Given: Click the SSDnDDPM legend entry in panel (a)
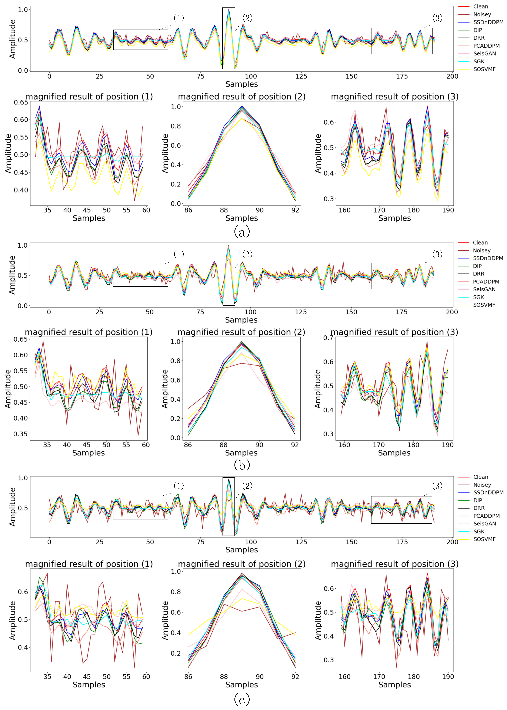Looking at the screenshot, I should (x=488, y=22).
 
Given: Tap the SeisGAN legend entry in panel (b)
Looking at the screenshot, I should (x=484, y=289).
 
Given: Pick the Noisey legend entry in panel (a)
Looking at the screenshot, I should (x=482, y=14).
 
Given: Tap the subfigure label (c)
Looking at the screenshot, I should (x=242, y=699).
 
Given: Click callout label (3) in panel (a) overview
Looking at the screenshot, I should (x=437, y=18).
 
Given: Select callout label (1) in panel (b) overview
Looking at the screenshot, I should (x=179, y=254).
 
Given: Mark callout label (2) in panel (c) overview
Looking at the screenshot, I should (x=247, y=486).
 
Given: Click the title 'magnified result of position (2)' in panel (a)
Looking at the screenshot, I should (x=242, y=97).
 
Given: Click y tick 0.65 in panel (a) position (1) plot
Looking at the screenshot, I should (x=21, y=102).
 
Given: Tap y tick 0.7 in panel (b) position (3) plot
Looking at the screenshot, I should (x=328, y=338).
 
